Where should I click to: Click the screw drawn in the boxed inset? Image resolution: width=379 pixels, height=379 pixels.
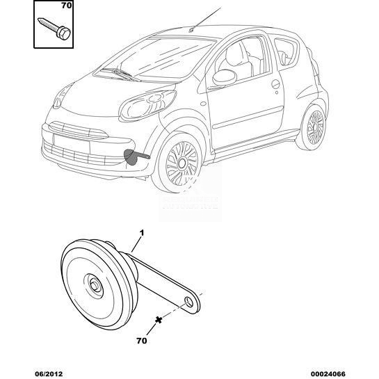coord(54,29)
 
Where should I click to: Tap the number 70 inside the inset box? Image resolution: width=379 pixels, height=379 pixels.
coord(67,6)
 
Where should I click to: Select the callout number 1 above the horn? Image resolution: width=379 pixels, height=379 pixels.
coord(142,233)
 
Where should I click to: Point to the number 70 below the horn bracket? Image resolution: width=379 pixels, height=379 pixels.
coord(142,341)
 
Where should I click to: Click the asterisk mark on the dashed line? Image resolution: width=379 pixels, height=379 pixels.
coord(159,320)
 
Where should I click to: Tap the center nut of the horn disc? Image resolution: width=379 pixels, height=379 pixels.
coord(95,285)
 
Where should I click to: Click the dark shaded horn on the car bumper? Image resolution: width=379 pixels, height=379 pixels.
coord(131,156)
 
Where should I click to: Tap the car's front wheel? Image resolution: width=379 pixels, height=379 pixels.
coord(182,163)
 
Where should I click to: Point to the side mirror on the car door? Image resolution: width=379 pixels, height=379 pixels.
coord(224,77)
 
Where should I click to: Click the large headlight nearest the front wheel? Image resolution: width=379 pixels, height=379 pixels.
coord(147,106)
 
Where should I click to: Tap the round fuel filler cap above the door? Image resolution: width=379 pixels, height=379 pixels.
coord(275,84)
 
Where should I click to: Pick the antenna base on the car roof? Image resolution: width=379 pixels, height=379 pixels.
coord(191,30)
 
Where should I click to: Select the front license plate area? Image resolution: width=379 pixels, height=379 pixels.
coord(72,143)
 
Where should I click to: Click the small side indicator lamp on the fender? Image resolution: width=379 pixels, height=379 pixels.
coord(203,104)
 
